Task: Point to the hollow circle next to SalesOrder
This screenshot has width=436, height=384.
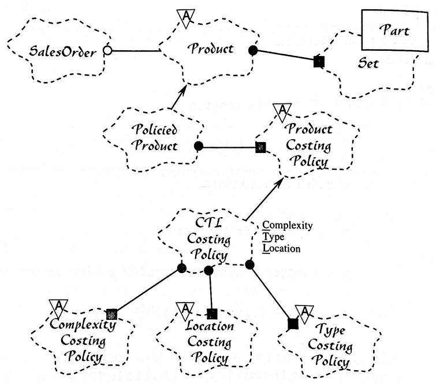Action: tap(107, 51)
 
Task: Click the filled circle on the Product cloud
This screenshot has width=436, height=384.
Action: tap(252, 50)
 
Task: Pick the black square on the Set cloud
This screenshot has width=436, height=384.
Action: tap(318, 60)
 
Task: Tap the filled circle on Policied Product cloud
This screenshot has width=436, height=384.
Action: tap(198, 146)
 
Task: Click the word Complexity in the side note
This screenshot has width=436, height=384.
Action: tap(288, 225)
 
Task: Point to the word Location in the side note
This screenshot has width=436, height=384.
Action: tap(281, 249)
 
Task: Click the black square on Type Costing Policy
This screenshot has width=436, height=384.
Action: tap(293, 324)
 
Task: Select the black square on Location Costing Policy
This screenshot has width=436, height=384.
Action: tap(212, 314)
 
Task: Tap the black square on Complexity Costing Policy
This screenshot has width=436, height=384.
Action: tap(112, 314)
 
